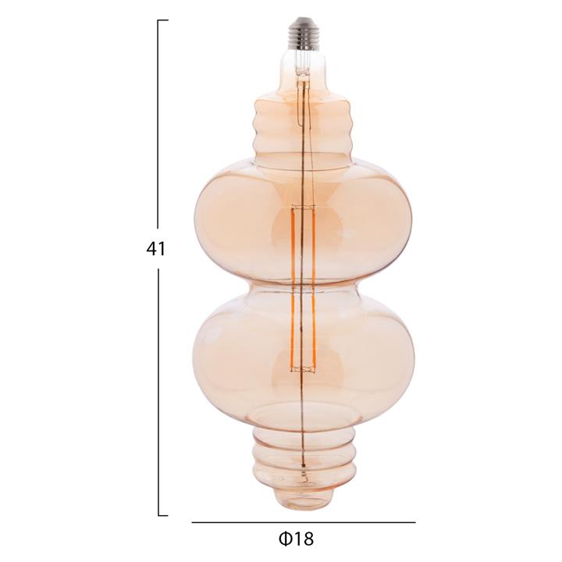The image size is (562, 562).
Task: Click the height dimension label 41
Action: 155,248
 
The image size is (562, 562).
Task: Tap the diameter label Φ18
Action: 296,539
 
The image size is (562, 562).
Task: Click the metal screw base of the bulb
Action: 303,33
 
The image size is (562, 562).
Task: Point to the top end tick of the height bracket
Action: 163,20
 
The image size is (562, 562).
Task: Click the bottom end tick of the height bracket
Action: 163,515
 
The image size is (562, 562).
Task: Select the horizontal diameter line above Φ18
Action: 304,522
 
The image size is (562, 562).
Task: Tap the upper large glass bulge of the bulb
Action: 303,220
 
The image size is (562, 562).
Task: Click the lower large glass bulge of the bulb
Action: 304,353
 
